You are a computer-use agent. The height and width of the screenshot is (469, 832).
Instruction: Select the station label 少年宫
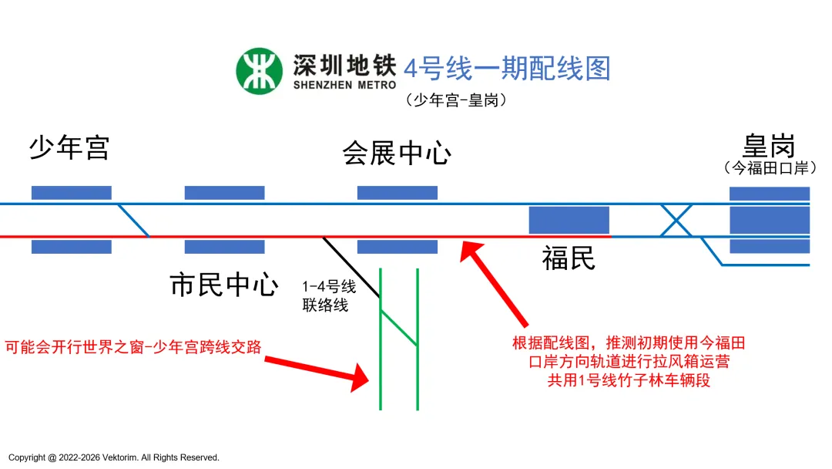tap(69, 147)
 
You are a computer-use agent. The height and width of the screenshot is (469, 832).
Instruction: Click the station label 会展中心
tap(397, 154)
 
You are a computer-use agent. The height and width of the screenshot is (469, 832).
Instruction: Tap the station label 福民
tap(569, 258)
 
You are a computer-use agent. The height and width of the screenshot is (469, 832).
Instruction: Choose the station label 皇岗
tap(768, 145)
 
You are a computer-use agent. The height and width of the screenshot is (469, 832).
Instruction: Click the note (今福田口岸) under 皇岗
tap(770, 167)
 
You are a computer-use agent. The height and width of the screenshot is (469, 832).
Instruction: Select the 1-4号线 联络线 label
tap(329, 296)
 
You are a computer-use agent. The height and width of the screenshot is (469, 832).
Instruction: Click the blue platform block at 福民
tap(569, 220)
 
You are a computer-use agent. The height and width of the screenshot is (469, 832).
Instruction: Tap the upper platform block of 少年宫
tap(72, 193)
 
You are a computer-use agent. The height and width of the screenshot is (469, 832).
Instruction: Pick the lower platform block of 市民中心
tap(225, 247)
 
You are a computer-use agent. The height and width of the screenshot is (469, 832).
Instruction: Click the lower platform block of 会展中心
tap(398, 247)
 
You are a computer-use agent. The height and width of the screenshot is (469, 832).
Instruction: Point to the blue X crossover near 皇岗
tap(676, 221)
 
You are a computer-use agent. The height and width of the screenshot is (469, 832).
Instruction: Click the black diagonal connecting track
tap(351, 267)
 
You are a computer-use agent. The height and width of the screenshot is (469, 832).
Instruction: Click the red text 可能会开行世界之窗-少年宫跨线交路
tap(133, 347)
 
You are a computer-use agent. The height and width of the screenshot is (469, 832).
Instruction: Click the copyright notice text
tap(114, 457)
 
